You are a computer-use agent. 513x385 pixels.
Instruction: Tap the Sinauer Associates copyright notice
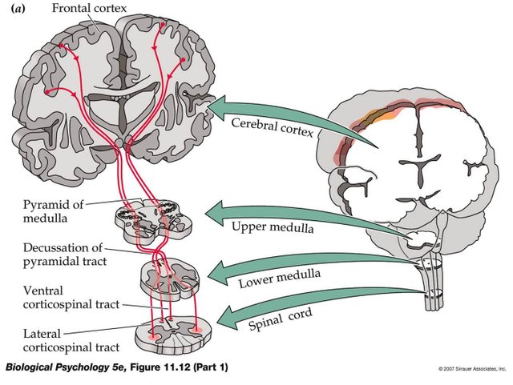click(472, 369)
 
